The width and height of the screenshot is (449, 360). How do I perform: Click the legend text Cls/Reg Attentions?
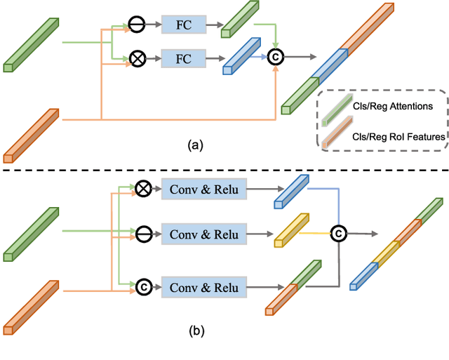[x=393, y=107]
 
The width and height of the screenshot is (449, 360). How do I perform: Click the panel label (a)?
[x=196, y=146]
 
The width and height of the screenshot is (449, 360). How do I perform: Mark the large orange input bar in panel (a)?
[x=32, y=134]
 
